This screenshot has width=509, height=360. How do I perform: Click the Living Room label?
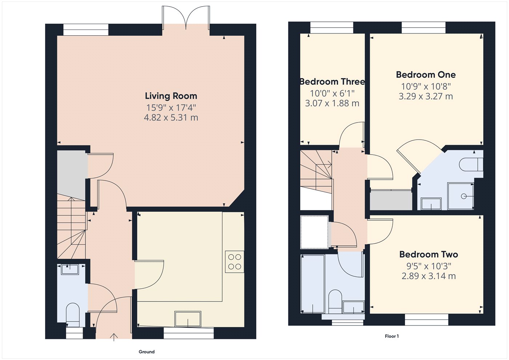(x=171, y=96)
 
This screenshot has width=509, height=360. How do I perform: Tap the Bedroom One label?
(x=426, y=75)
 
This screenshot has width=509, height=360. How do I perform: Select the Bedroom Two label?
(x=429, y=255)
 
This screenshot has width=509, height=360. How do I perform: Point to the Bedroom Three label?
(x=332, y=82)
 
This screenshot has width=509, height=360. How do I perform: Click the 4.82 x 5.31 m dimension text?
(x=171, y=117)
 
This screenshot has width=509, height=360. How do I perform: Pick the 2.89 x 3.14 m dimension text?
(x=429, y=276)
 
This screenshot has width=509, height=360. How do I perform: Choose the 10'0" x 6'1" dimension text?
(x=332, y=93)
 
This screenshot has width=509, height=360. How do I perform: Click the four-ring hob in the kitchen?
(x=235, y=262)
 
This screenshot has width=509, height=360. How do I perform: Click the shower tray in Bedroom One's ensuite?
(x=461, y=196)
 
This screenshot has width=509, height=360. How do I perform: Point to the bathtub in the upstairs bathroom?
(x=313, y=284)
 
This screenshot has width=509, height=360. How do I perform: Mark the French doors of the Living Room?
(x=186, y=18)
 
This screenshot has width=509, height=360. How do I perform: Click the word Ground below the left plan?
(x=147, y=352)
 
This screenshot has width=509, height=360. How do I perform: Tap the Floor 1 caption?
(x=392, y=336)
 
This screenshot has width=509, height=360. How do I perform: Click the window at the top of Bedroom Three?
(x=332, y=28)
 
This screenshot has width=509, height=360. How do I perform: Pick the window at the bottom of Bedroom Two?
(x=426, y=320)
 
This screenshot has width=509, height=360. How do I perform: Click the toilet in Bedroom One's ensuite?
(x=471, y=164)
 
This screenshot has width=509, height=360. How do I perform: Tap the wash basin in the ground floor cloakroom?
(x=70, y=269)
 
